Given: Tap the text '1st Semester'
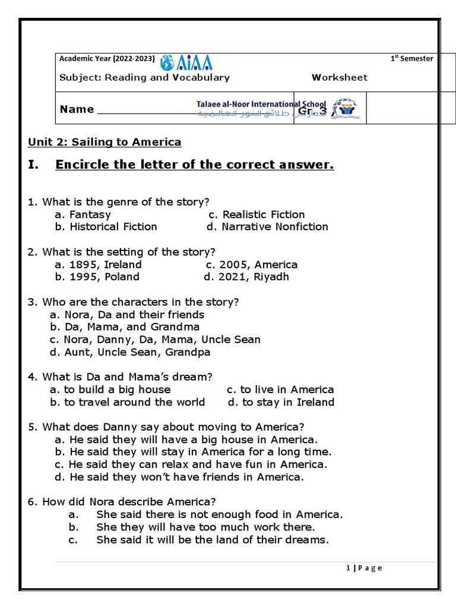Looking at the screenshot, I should [x=411, y=58].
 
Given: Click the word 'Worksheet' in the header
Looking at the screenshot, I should [x=340, y=77].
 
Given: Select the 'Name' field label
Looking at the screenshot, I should [x=77, y=109].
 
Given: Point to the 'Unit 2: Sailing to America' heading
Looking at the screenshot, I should [x=104, y=142].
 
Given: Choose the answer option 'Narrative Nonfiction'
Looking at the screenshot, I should [x=267, y=227].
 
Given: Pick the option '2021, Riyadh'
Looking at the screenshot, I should [x=246, y=277].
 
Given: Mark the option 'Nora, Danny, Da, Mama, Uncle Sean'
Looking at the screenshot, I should [x=156, y=340].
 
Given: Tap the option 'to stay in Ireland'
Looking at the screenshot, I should [x=281, y=402].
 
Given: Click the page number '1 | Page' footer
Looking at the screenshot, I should [x=364, y=568].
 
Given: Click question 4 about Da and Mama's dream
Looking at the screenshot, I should [x=120, y=377].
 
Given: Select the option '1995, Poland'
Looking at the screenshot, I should [x=97, y=277].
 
